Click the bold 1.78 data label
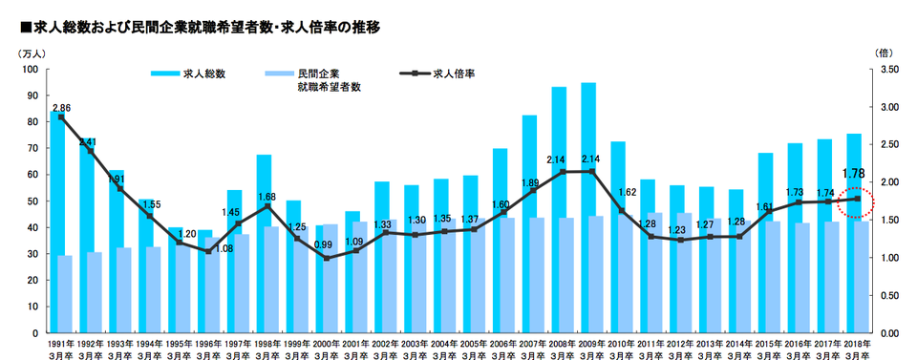pyautogui.click(x=853, y=174)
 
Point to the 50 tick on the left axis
pyautogui.click(x=31, y=201)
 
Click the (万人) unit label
pyautogui.click(x=32, y=53)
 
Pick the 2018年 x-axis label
pyautogui.click(x=855, y=342)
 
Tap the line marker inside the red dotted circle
pyautogui.click(x=856, y=199)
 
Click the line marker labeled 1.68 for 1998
pyautogui.click(x=268, y=206)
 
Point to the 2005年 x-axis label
pyautogui.click(x=472, y=342)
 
